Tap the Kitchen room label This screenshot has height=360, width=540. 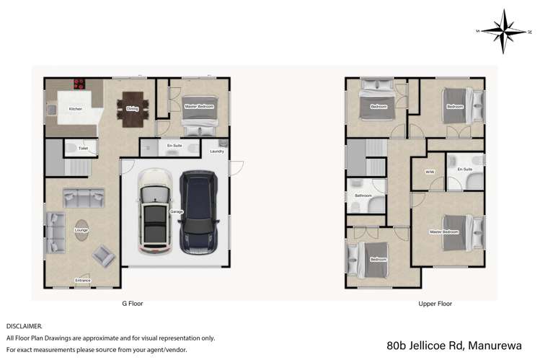point(75,109)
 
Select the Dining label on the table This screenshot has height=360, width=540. point(132,109)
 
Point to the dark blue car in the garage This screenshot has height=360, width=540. point(198,211)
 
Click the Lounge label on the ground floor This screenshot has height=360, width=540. point(81,230)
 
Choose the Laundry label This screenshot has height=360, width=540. point(217,152)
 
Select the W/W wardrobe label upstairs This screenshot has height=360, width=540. point(430,172)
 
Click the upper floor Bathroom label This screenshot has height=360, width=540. point(363,196)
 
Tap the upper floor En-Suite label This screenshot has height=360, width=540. point(465,169)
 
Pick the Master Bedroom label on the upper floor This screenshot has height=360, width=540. point(444,232)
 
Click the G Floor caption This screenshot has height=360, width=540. point(132,304)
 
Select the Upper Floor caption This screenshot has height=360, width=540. point(435,304)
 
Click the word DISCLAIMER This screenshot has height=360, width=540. point(25,326)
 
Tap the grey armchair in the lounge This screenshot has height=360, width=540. point(102,255)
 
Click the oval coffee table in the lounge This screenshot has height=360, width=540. point(81,231)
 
